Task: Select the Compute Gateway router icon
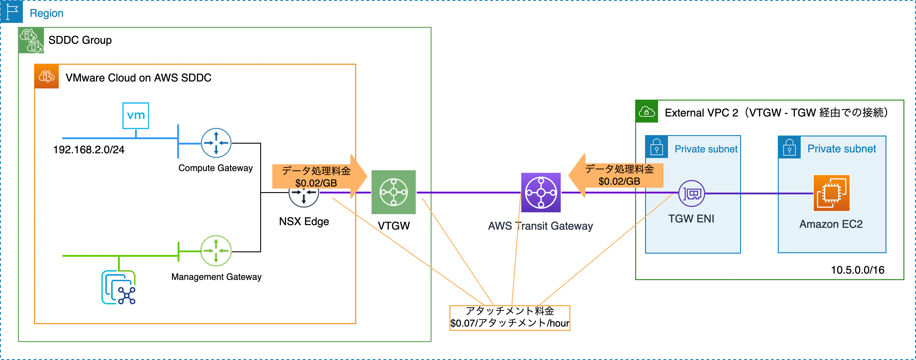tap(216, 143)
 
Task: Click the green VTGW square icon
tap(394, 192)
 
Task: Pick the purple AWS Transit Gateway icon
tap(541, 192)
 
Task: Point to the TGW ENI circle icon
tap(692, 193)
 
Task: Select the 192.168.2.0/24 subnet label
tap(89, 150)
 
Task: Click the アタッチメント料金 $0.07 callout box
tap(510, 318)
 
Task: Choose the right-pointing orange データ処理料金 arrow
tap(319, 176)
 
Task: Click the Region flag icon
tap(12, 11)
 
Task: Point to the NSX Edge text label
tap(304, 221)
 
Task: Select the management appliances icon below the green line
tap(118, 288)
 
